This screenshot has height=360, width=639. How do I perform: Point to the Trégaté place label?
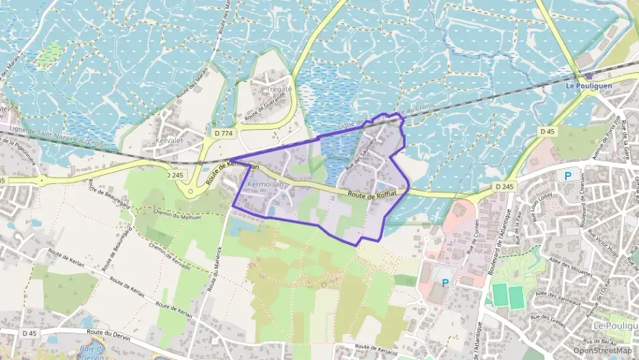click(279, 89)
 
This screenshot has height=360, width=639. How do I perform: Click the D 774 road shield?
click(221, 134)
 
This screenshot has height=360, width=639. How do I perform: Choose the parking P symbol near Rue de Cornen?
click(446, 282)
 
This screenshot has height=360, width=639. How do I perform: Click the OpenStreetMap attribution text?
click(603, 350)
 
